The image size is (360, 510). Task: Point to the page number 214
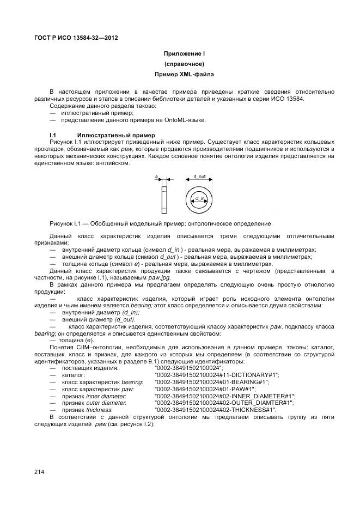pyautogui.click(x=40, y=472)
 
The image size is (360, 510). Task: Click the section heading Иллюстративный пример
pyautogui.click(x=116, y=135)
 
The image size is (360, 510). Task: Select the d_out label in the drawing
pyautogui.click(x=199, y=177)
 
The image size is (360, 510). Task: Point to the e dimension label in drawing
pyautogui.click(x=157, y=177)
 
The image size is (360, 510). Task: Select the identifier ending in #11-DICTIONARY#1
pyautogui.click(x=217, y=375)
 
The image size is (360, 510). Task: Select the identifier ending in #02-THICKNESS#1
pyautogui.click(x=216, y=410)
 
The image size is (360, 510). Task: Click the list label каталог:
pyautogui.click(x=74, y=375)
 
